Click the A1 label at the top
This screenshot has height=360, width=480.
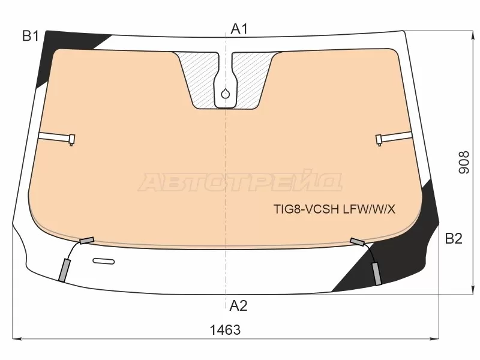tap(239, 29)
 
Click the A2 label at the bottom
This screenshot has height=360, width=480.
tap(238, 305)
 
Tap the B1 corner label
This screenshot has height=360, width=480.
tap(31, 37)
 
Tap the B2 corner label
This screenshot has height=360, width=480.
tap(454, 238)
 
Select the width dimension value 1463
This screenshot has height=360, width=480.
tap(225, 330)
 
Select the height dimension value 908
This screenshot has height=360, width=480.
tap(463, 162)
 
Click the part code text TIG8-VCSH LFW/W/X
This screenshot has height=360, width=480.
tap(334, 209)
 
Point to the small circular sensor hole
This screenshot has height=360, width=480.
tap(226, 94)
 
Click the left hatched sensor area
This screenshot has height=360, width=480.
tap(199, 80)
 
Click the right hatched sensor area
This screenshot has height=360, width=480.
tap(251, 80)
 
